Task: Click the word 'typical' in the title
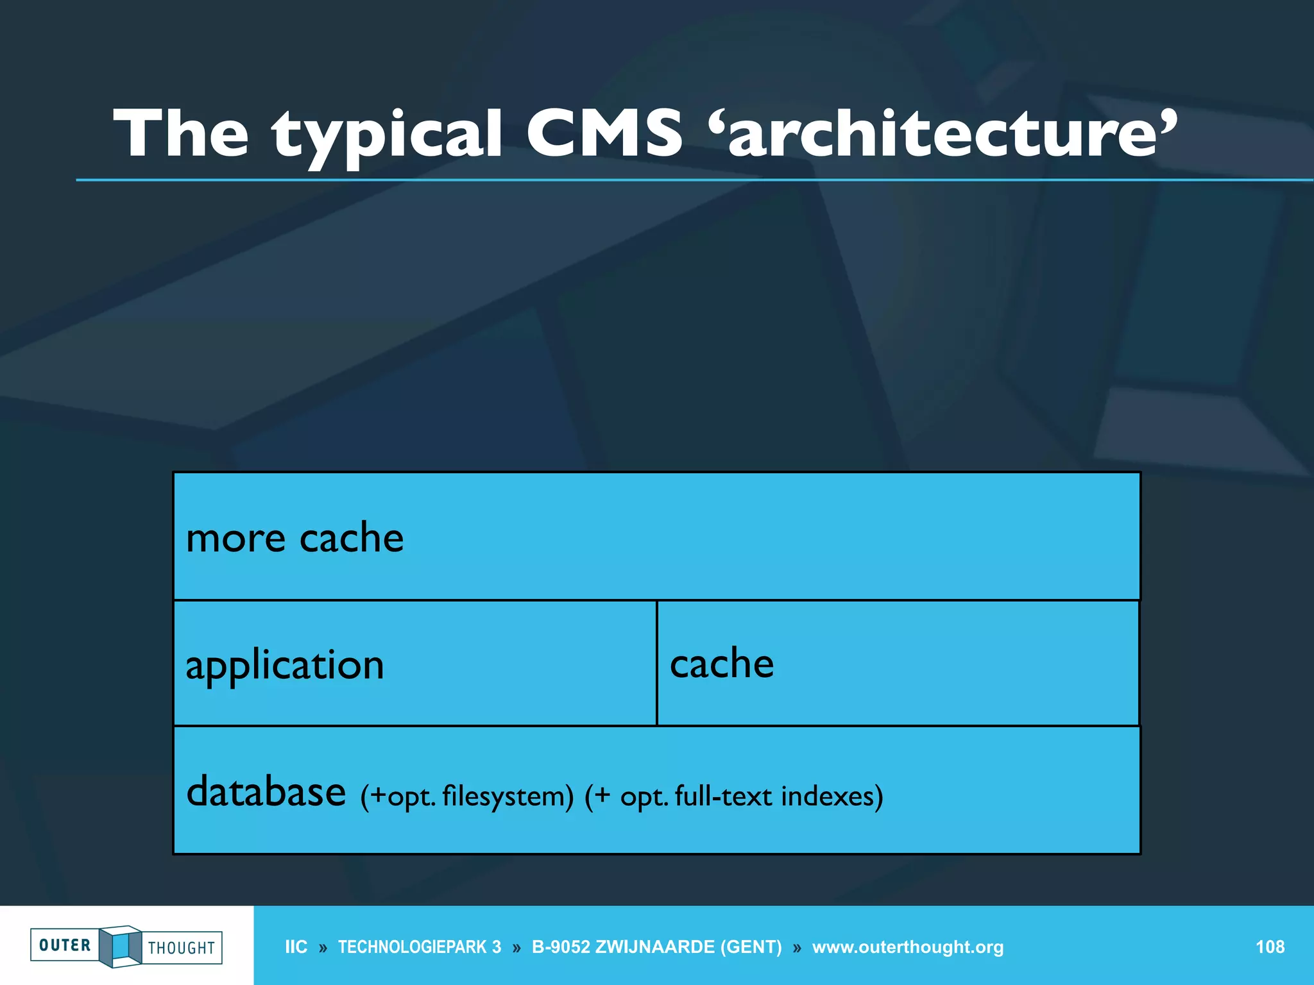pyautogui.click(x=388, y=135)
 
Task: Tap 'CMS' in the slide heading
pyautogui.click(x=604, y=133)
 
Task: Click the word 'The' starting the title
pyautogui.click(x=181, y=133)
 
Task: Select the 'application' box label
pyautogui.click(x=285, y=665)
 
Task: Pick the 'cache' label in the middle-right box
pyautogui.click(x=722, y=663)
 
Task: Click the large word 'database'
pyautogui.click(x=266, y=791)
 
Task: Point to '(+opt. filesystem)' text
pyautogui.click(x=466, y=796)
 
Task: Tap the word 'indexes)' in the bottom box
pyautogui.click(x=832, y=796)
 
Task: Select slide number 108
pyautogui.click(x=1270, y=947)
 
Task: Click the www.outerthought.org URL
pyautogui.click(x=907, y=947)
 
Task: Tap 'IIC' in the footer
pyautogui.click(x=296, y=947)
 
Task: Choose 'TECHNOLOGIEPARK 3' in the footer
pyautogui.click(x=420, y=947)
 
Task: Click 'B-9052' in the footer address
pyautogui.click(x=560, y=947)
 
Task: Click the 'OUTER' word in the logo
pyautogui.click(x=65, y=945)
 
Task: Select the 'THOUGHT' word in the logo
pyautogui.click(x=182, y=948)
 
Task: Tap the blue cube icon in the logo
pyautogui.click(x=121, y=946)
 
